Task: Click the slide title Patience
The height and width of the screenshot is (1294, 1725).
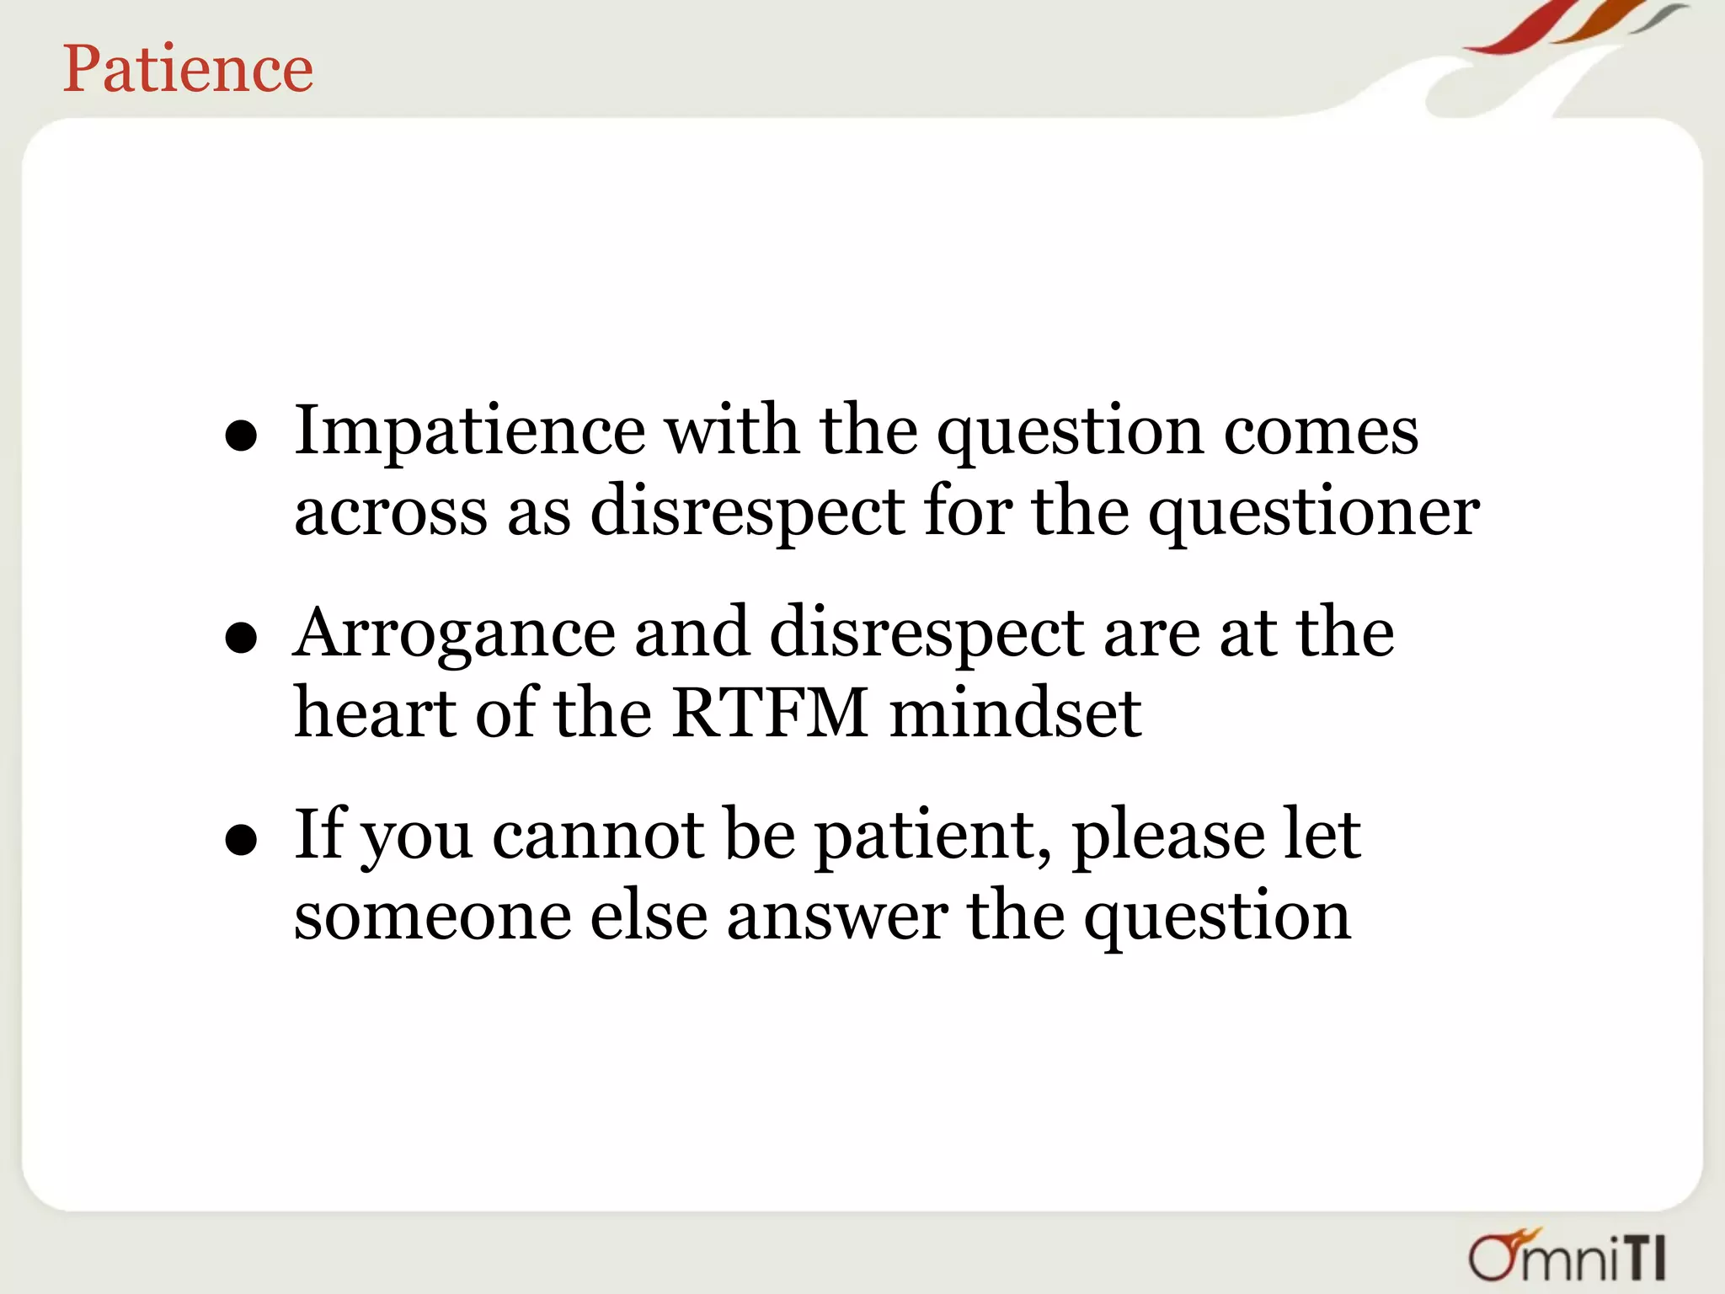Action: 188,69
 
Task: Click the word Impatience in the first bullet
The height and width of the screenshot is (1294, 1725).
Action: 469,431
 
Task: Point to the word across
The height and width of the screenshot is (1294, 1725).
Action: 390,512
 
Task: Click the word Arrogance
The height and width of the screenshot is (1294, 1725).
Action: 454,634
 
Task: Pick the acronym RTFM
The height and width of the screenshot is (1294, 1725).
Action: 770,714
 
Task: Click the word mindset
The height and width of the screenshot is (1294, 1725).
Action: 1015,714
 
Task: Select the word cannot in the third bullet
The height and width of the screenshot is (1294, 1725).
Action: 598,836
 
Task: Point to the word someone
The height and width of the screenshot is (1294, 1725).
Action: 432,917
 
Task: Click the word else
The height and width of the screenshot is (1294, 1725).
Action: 649,917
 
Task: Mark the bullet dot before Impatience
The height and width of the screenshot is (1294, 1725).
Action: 241,436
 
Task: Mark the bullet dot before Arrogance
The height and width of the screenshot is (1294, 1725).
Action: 241,639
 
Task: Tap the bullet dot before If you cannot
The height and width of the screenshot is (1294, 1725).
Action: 241,840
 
